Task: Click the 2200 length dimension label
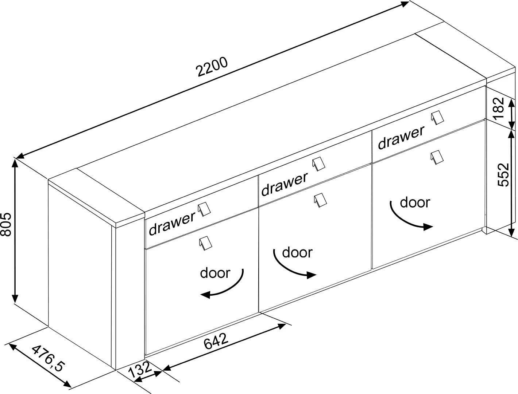212,67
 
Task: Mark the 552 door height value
503,174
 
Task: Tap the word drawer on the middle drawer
284,184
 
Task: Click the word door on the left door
215,272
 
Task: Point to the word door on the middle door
297,252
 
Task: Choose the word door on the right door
415,202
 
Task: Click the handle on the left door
205,243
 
